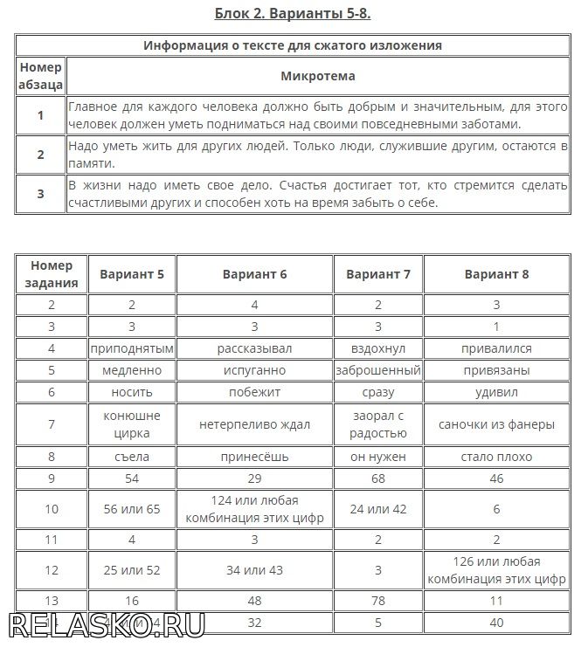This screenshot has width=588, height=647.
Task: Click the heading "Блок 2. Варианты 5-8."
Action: pos(294,13)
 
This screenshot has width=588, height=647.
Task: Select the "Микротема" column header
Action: pos(317,76)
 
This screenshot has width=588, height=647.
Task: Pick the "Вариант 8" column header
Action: pos(496,274)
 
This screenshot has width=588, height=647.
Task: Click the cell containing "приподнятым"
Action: pos(132,348)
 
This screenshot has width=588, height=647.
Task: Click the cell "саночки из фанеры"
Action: pos(496,424)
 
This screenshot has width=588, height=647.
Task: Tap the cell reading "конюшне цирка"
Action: pos(132,424)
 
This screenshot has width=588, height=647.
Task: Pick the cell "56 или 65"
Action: pos(132,509)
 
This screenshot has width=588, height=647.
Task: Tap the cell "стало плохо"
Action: pos(496,456)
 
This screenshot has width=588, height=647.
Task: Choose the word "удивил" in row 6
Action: pos(496,392)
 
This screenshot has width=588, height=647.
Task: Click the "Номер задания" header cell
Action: pos(52,274)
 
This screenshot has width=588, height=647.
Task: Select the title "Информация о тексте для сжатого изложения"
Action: pos(293,45)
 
